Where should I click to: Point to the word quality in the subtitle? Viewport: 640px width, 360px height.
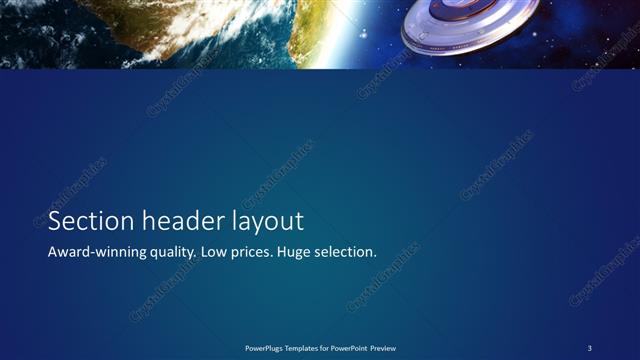click(170, 254)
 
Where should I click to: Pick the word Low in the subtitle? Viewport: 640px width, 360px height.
click(215, 253)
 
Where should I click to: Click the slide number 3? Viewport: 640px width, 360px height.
click(590, 347)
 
